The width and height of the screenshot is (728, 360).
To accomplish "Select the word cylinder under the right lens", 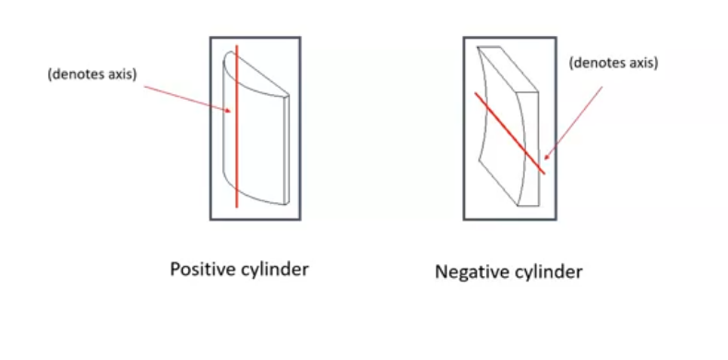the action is (548, 273).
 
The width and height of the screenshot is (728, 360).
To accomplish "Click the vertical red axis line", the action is (237, 138).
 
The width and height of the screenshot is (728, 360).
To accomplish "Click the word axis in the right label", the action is (644, 63).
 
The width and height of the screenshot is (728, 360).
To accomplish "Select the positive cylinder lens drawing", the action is (257, 129).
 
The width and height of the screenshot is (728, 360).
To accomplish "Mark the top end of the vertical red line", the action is (237, 45).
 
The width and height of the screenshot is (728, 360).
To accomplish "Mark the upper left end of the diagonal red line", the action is (476, 92).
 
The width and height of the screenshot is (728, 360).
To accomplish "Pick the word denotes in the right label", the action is (601, 63).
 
